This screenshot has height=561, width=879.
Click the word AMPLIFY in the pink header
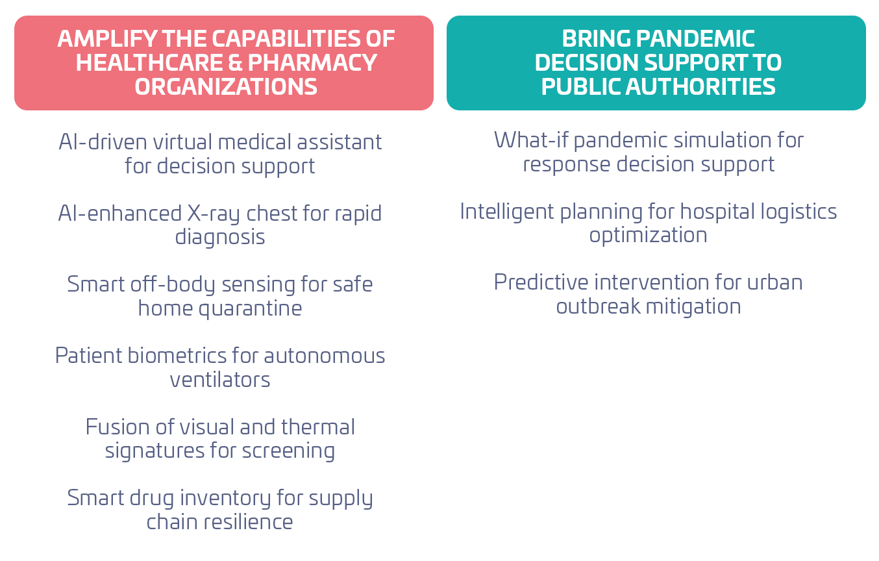click(x=107, y=39)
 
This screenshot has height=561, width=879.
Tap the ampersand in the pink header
click(x=234, y=63)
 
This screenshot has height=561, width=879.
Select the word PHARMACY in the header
click(x=312, y=63)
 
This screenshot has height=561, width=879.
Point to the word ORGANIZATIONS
click(x=226, y=87)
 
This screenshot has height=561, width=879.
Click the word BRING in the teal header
click(x=596, y=39)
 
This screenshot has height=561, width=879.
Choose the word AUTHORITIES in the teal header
click(x=700, y=87)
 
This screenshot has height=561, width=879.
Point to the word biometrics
click(x=177, y=356)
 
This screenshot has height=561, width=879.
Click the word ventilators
click(x=220, y=380)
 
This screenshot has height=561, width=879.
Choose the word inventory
click(x=225, y=499)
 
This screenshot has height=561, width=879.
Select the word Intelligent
click(x=506, y=212)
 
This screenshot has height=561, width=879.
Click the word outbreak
click(x=598, y=306)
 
